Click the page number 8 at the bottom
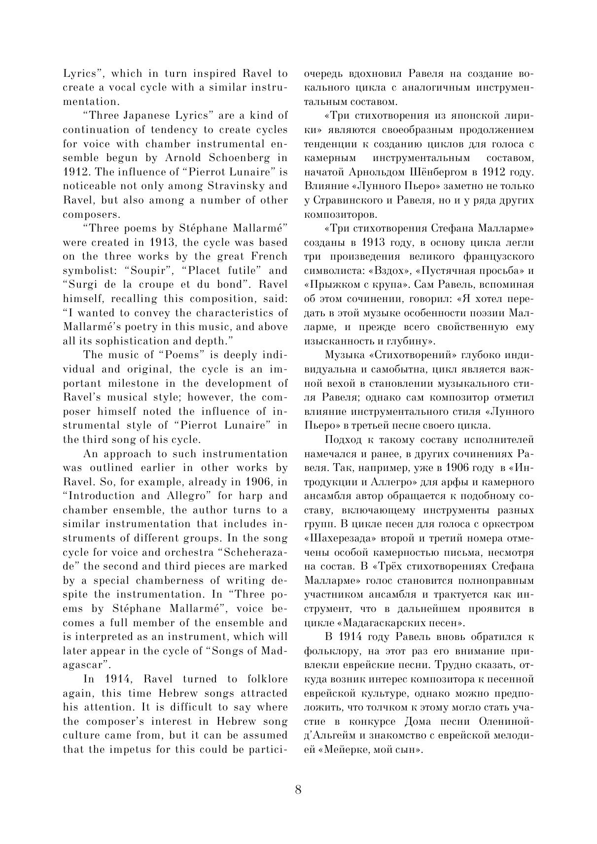(x=298, y=790)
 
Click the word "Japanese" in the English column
(x=149, y=115)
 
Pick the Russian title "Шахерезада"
(x=337, y=539)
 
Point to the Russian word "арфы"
(x=446, y=481)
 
